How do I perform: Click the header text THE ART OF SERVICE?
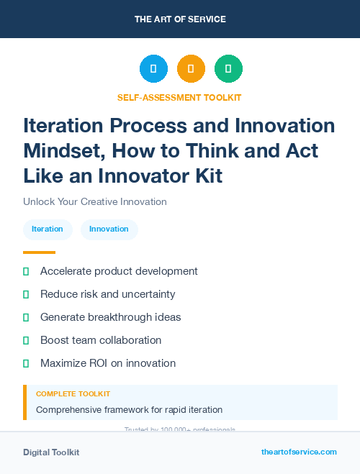coord(180,19)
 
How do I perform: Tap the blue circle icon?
coord(153,69)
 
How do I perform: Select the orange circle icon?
coord(191,69)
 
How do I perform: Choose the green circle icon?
coord(228,69)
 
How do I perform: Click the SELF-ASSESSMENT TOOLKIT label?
coord(179,97)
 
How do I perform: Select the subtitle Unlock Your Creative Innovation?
coord(95,202)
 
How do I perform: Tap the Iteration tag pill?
coord(48,229)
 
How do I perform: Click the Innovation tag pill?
coord(109,229)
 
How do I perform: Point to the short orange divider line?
coord(39,252)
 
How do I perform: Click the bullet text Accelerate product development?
coord(119,271)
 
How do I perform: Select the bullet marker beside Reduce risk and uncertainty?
coord(26,294)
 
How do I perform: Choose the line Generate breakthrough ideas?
coord(110,317)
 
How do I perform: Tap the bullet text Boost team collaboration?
coord(101,340)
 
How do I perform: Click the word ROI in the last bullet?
coord(98,363)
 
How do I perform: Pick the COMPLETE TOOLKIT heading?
coord(73,394)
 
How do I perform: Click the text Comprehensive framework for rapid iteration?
coord(129,410)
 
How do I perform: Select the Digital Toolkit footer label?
coord(51,452)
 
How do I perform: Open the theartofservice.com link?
coord(299,452)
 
